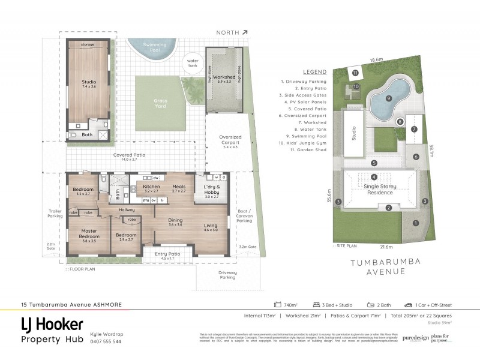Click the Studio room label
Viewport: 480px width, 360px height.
(89, 82)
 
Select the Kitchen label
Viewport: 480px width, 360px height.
(151, 188)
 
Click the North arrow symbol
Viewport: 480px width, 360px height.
(245, 33)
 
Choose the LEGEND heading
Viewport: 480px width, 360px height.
(316, 71)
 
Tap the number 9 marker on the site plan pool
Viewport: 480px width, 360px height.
(388, 99)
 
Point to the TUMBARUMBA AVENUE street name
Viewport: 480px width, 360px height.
(379, 266)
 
